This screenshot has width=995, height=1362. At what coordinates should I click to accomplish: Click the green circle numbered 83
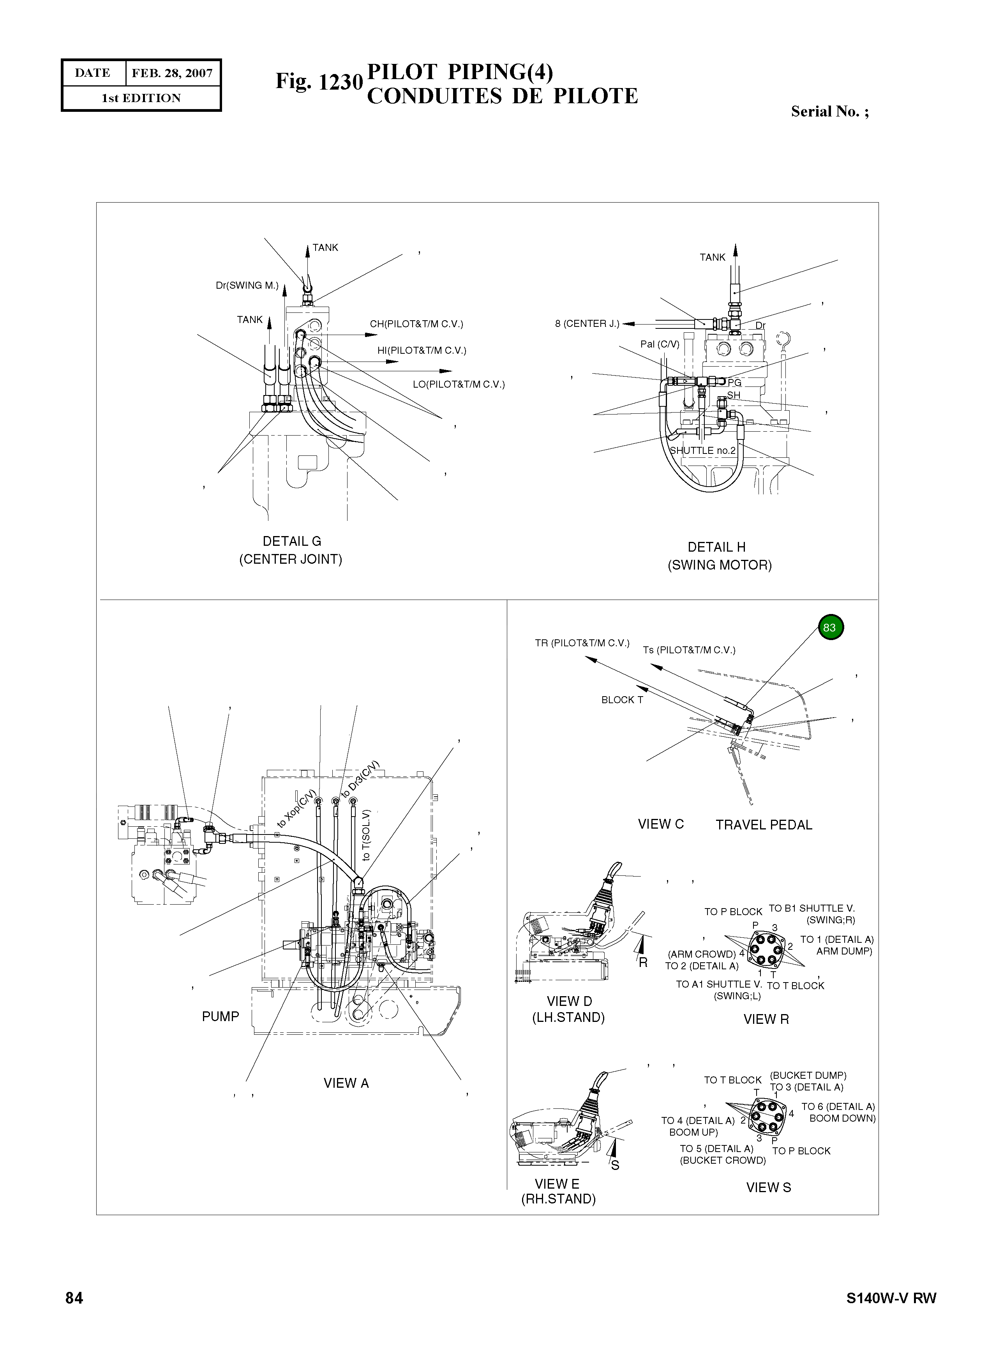pos(830,628)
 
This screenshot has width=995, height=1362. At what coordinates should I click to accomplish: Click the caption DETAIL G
pos(292,541)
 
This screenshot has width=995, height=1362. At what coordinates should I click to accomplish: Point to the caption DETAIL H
pos(717,547)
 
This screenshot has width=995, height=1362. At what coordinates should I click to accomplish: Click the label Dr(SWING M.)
pos(247,286)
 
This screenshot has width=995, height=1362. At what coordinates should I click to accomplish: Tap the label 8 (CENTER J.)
pos(587,323)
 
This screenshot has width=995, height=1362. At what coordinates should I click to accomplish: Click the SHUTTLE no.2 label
pos(703,451)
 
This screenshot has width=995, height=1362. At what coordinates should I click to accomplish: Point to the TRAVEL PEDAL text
pos(764,825)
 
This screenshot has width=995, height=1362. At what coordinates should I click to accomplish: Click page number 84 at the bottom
pos(74,1298)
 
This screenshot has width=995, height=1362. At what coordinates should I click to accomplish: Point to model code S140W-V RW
pos(891,1298)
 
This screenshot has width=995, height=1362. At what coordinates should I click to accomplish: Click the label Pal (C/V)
pos(660,344)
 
